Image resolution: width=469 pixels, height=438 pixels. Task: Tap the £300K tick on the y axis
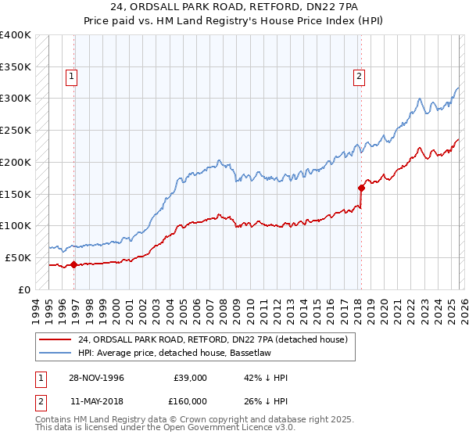tap(16, 99)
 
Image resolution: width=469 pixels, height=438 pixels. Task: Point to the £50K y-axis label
tap(18, 257)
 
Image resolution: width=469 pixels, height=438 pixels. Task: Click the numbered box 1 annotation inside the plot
tap(71, 77)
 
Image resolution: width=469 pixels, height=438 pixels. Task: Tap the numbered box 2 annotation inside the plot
tap(358, 77)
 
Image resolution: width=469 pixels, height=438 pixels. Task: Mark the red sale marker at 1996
tap(73, 264)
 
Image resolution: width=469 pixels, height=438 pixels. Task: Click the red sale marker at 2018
tap(361, 188)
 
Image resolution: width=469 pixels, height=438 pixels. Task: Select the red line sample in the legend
tap(55, 339)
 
